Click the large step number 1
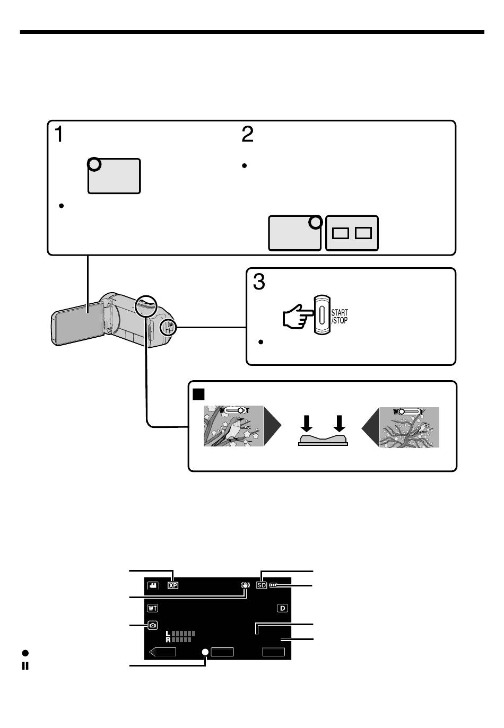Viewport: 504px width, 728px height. pos(59,134)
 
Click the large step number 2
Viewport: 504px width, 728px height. pos(247,134)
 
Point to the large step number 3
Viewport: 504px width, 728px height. pos(259,281)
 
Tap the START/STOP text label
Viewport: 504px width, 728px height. pos(339,316)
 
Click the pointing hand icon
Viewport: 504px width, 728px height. pos(298,316)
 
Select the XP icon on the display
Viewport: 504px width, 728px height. pos(172,585)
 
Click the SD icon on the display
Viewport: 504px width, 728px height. pos(262,585)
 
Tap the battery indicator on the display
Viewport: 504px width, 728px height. pos(273,585)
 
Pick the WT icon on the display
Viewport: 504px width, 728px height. pos(152,608)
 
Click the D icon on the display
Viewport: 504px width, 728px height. pos(282,608)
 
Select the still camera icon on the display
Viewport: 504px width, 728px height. pos(152,625)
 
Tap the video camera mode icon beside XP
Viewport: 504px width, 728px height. pos(152,585)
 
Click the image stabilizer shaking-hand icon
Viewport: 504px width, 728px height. pos(245,585)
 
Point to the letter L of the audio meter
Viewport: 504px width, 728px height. pos(168,634)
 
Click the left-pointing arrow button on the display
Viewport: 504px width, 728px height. pos(162,652)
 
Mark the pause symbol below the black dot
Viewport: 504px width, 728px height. pos(25,666)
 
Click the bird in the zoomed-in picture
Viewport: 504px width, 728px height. pos(235,428)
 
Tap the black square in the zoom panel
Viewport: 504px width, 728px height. pos(198,394)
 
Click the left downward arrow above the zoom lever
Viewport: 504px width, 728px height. pos(306,423)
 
